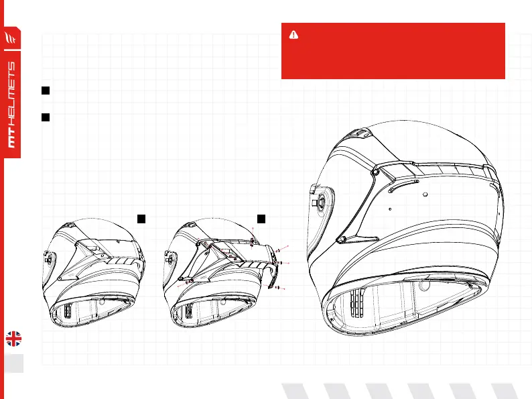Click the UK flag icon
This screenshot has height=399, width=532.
click(13, 339)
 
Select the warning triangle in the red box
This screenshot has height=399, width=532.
click(292, 35)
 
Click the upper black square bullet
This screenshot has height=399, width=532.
click(45, 90)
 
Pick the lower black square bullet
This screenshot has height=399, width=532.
click(45, 117)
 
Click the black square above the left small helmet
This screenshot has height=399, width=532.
click(141, 218)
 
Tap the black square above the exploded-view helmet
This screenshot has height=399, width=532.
click(262, 218)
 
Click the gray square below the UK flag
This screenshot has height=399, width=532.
click(13, 363)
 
